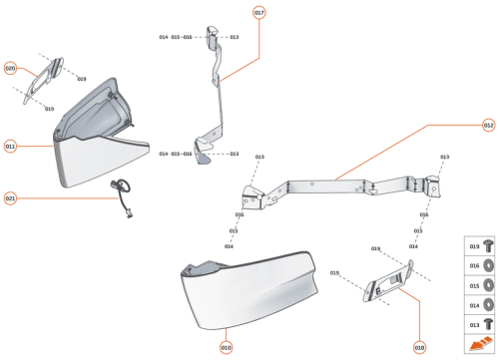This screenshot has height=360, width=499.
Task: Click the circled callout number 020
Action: (x=11, y=69)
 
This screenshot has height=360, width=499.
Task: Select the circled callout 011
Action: (x=11, y=146)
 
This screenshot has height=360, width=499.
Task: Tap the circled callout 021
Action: (x=11, y=197)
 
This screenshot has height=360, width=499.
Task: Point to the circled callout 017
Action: (x=258, y=13)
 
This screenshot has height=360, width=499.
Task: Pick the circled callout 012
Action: (x=488, y=126)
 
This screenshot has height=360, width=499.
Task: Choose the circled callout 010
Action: (x=227, y=346)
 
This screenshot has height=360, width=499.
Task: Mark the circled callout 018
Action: (x=419, y=346)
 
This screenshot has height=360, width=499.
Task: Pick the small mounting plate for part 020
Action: (x=41, y=77)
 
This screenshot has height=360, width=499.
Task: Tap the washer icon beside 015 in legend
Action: (x=488, y=285)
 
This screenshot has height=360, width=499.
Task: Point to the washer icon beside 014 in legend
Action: (x=488, y=303)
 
